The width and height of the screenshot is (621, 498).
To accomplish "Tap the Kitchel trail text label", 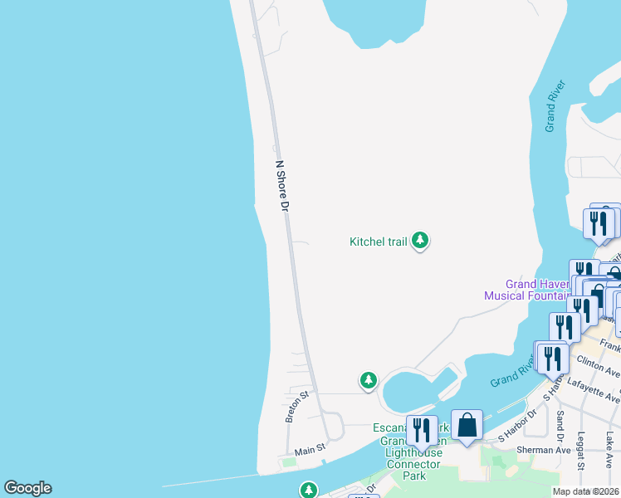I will click(378, 242).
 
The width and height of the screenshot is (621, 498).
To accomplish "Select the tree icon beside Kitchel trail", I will click(420, 241).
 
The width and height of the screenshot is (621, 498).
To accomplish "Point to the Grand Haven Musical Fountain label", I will click(526, 290).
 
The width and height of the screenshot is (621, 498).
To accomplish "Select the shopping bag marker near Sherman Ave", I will click(467, 425).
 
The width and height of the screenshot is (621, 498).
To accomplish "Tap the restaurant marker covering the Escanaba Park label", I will click(422, 431).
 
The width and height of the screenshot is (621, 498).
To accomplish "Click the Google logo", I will click(27, 488).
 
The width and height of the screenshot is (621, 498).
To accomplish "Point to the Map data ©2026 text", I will click(586, 491).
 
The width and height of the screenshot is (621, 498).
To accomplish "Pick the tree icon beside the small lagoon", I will click(368, 380).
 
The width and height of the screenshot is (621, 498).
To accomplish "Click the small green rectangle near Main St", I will click(288, 461).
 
